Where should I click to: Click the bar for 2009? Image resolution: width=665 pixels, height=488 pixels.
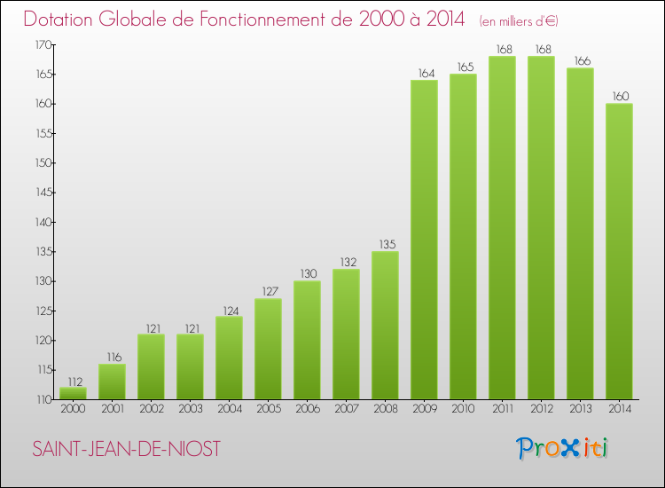(424, 240)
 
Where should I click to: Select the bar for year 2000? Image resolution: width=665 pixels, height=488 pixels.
(73, 393)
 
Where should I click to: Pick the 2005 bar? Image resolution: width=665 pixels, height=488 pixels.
(268, 349)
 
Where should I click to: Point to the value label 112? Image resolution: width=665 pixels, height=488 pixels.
(73, 381)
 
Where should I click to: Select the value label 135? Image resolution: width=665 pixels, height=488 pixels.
(385, 245)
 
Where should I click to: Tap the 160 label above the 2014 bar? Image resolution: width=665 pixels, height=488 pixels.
(619, 97)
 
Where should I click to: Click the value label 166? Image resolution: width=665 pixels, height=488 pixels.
(580, 61)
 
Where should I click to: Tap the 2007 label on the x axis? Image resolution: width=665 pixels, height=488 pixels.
(346, 410)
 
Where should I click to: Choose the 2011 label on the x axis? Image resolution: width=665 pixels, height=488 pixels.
(502, 410)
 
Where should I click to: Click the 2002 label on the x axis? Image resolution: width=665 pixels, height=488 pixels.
(151, 410)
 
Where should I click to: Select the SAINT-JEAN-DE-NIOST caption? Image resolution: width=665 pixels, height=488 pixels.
(126, 449)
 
